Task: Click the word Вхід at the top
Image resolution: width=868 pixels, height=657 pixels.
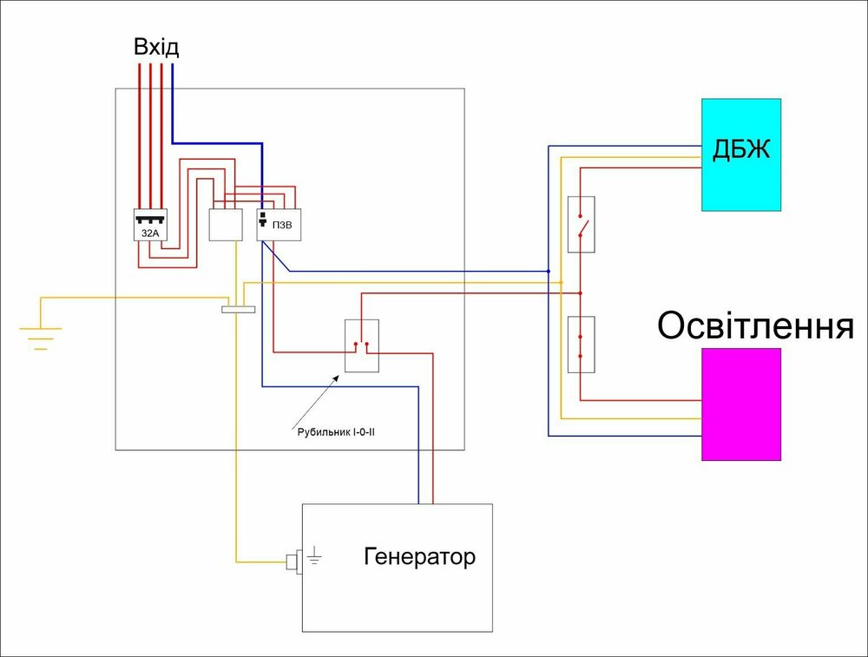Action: click(x=156, y=46)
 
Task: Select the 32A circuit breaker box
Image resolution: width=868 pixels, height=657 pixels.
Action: click(x=149, y=226)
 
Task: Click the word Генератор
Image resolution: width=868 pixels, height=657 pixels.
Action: click(x=420, y=556)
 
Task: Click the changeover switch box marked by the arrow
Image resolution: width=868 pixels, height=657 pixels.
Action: click(x=361, y=346)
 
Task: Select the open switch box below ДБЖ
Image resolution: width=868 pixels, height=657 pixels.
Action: click(x=581, y=225)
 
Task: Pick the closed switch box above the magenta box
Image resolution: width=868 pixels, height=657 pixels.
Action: click(x=581, y=344)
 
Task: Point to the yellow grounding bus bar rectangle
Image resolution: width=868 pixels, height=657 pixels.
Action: click(x=239, y=308)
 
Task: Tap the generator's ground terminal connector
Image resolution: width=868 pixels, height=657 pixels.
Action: click(x=293, y=562)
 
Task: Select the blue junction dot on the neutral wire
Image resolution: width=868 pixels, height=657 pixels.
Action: click(x=549, y=271)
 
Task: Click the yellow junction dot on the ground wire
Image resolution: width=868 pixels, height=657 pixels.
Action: click(x=562, y=283)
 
